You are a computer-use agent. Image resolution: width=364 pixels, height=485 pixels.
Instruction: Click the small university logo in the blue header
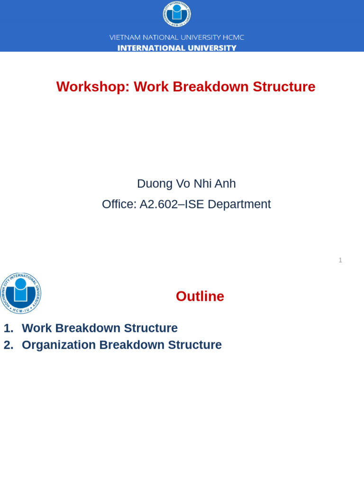click(x=177, y=14)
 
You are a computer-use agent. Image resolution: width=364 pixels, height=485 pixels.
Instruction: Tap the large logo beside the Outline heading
click(x=20, y=293)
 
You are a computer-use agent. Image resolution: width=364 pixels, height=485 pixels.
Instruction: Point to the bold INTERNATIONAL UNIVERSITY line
click(x=177, y=48)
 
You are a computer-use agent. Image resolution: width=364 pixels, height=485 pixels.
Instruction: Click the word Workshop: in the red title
click(x=93, y=87)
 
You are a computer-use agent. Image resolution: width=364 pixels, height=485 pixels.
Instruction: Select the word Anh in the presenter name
click(x=224, y=184)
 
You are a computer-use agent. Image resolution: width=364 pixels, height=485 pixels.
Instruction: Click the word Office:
click(x=119, y=204)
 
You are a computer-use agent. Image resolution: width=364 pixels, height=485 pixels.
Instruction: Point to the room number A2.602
click(x=159, y=204)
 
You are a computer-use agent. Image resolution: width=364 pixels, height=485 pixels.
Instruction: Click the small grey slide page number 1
click(x=340, y=260)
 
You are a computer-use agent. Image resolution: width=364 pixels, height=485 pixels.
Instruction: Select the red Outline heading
click(x=200, y=296)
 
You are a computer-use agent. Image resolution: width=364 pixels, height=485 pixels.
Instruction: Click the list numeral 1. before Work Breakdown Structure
click(x=9, y=328)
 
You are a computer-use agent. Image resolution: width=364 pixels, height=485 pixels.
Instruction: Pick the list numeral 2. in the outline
click(x=9, y=345)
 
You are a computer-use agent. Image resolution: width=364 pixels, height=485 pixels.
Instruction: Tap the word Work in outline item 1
click(x=36, y=328)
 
